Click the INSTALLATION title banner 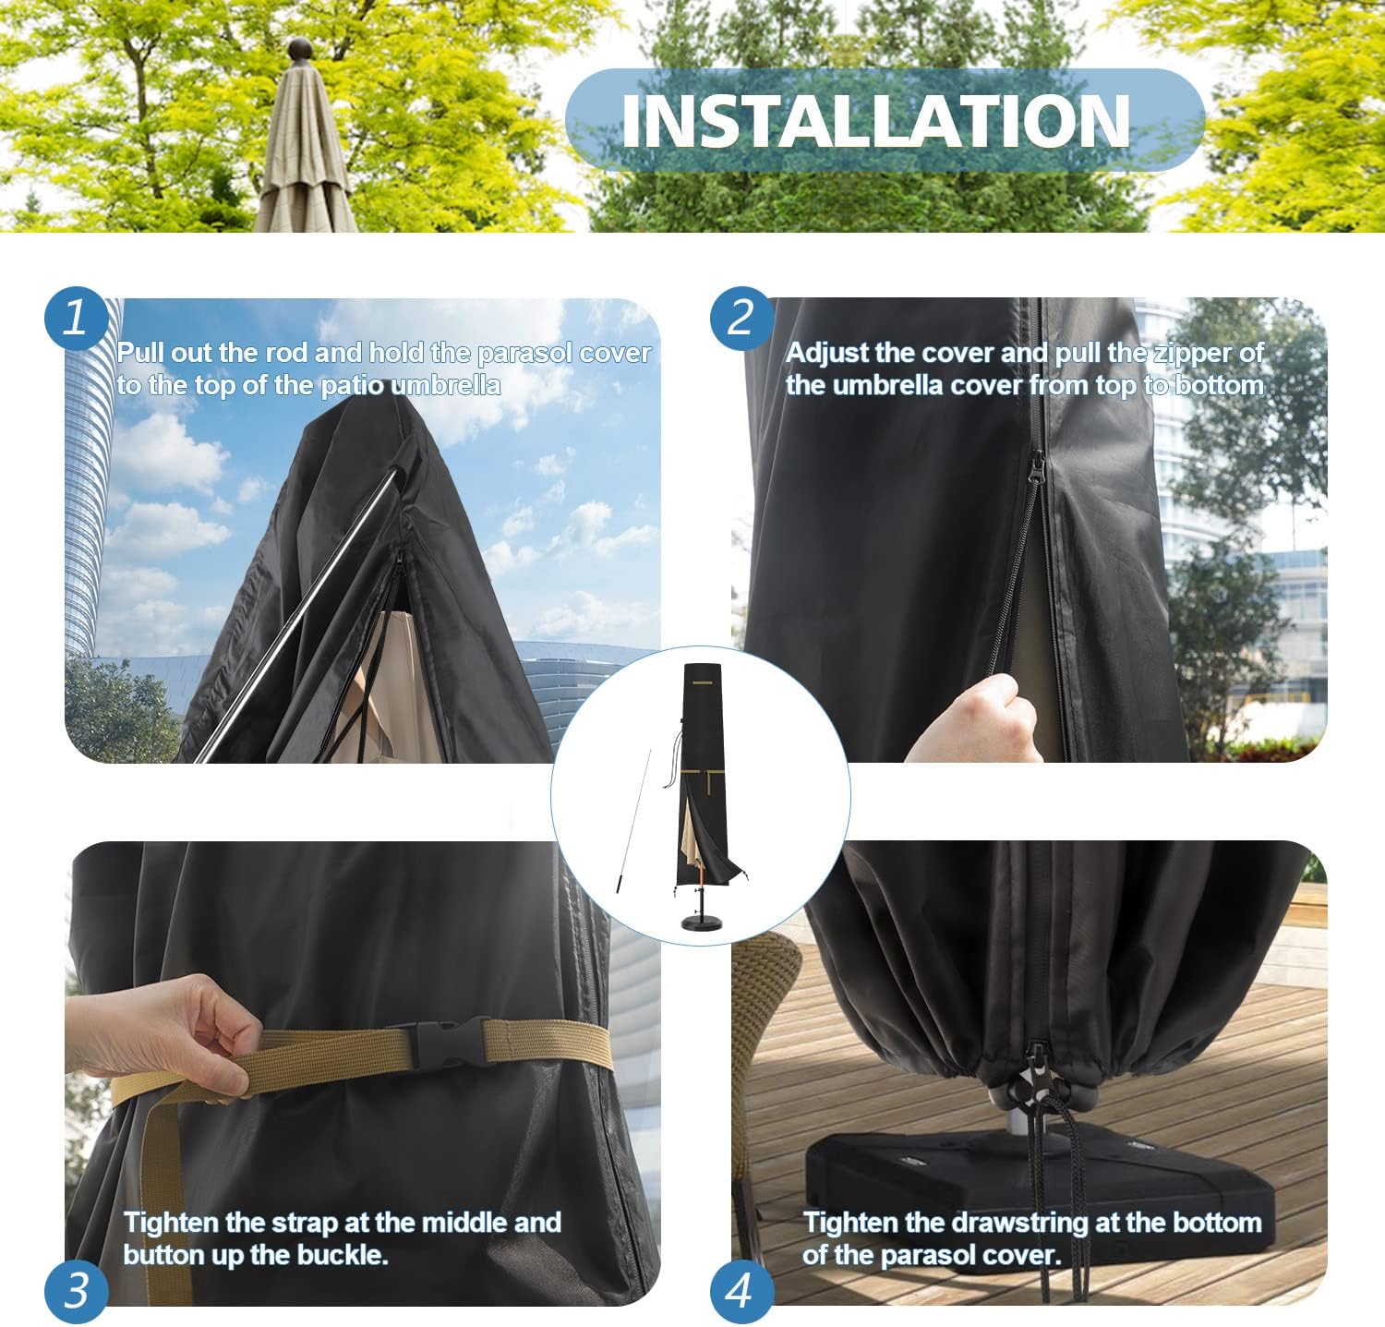click(885, 120)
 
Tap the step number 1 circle click(76, 318)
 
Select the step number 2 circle click(741, 318)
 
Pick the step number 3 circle click(76, 1290)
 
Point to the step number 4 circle click(741, 1290)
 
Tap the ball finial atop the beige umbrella click(301, 50)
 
